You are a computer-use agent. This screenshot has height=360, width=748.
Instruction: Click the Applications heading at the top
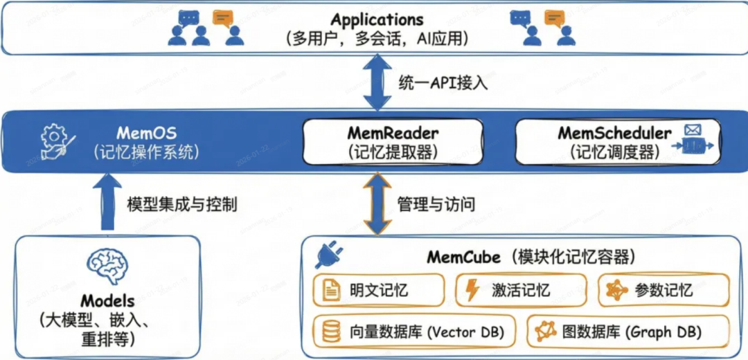377,19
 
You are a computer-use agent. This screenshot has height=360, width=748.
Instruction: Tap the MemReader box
393,142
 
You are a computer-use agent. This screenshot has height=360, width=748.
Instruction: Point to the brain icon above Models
106,267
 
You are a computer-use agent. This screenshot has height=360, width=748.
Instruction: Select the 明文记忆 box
378,290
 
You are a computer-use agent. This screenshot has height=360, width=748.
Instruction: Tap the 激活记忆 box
521,290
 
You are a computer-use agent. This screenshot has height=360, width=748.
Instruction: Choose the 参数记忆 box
664,290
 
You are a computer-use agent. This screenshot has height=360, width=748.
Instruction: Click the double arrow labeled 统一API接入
378,83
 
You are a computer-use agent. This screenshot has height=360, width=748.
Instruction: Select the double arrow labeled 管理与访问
378,204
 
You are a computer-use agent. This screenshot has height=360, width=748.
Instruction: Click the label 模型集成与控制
182,205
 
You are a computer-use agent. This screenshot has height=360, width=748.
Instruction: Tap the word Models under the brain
107,301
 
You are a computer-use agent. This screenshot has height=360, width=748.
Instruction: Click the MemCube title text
463,257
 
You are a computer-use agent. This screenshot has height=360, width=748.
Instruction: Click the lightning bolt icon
472,290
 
